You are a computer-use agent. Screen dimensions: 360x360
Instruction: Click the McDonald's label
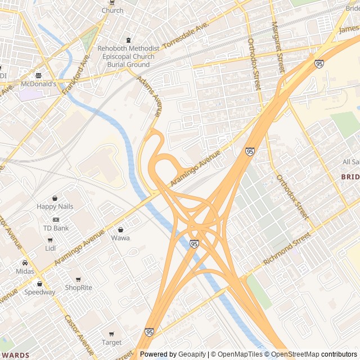click(38, 84)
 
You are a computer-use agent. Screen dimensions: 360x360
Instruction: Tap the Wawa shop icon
click(120, 229)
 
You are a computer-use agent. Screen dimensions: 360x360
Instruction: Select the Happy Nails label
click(55, 207)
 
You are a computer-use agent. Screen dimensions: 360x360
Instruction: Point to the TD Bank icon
click(56, 219)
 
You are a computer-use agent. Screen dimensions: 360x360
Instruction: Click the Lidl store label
click(51, 248)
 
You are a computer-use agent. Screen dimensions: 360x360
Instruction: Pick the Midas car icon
click(25, 263)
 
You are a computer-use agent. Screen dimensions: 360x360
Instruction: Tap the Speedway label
click(39, 292)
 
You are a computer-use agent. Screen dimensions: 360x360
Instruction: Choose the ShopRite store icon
click(78, 280)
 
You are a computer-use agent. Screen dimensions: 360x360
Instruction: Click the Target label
click(111, 342)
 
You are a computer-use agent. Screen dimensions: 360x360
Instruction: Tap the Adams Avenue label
click(150, 97)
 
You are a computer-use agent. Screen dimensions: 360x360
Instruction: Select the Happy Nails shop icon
click(55, 199)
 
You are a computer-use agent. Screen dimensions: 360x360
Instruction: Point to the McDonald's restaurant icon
click(38, 75)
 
